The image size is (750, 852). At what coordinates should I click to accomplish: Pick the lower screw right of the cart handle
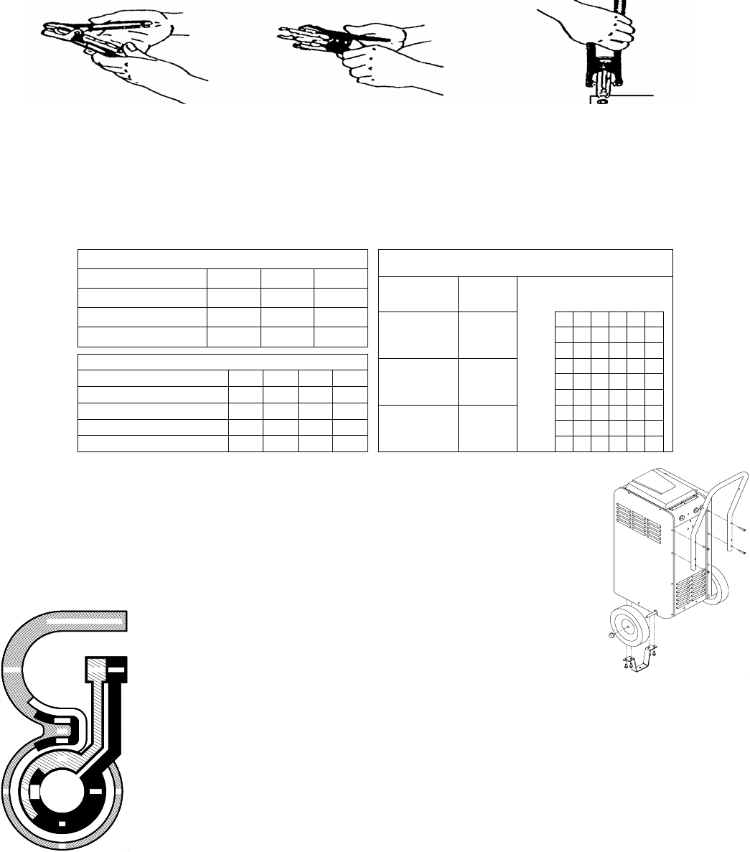click(740, 553)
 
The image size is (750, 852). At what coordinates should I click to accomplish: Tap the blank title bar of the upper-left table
click(222, 259)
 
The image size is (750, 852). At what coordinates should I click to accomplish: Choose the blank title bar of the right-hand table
click(525, 262)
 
